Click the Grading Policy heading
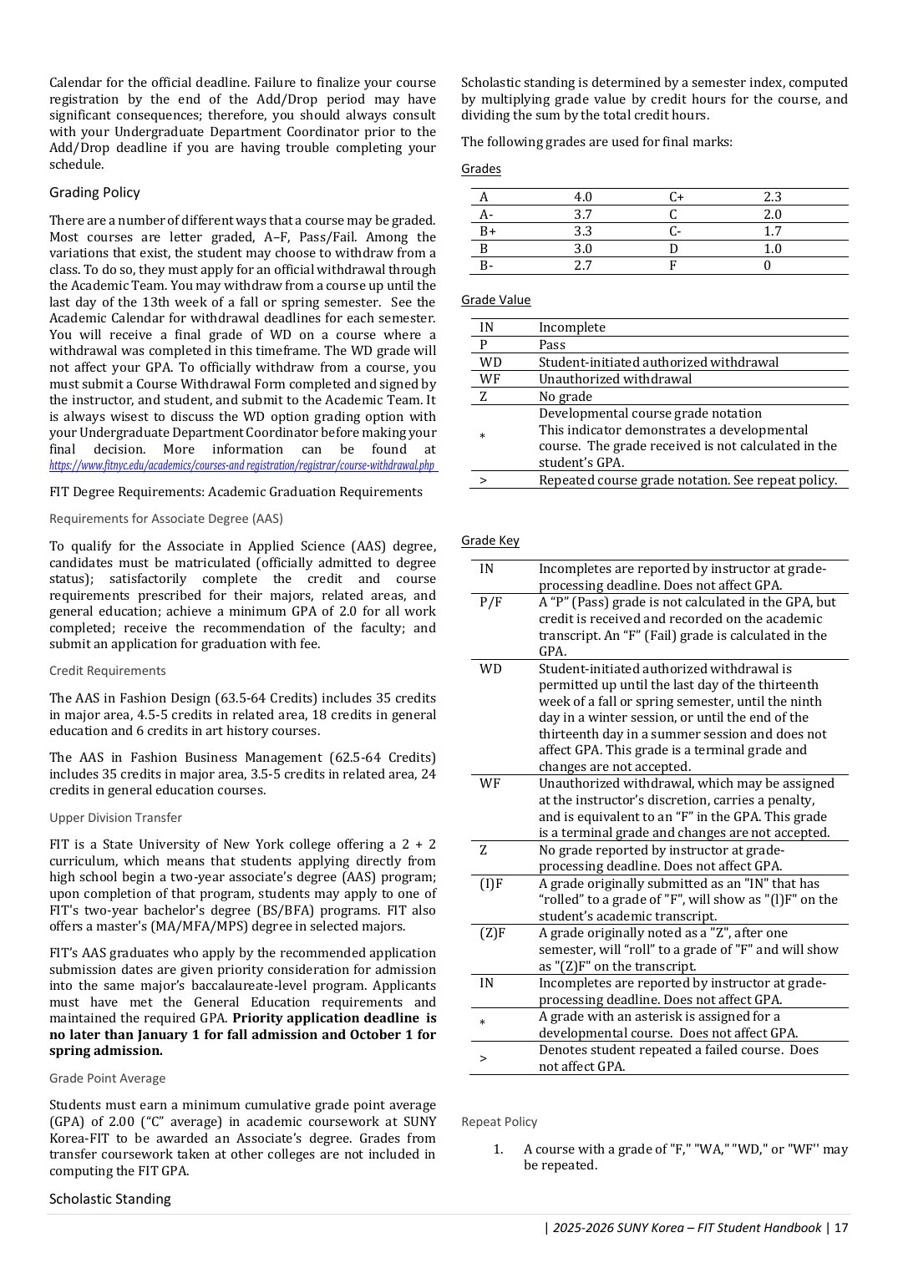pyautogui.click(x=94, y=193)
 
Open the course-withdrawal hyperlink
pyautogui.click(x=242, y=466)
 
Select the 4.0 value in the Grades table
pyautogui.click(x=582, y=197)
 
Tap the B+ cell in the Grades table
pyautogui.click(x=488, y=231)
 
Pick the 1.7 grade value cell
pyautogui.click(x=772, y=231)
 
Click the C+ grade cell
pyautogui.click(x=676, y=197)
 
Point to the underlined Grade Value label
pyautogui.click(x=495, y=300)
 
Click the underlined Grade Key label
pyautogui.click(x=490, y=540)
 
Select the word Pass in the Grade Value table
pyautogui.click(x=551, y=345)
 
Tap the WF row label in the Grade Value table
pyautogui.click(x=490, y=379)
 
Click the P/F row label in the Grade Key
pyautogui.click(x=490, y=602)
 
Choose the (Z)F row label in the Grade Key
pyautogui.click(x=492, y=933)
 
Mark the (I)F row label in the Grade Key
pyautogui.click(x=491, y=884)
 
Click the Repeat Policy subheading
pyautogui.click(x=499, y=1122)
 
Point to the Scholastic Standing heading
pyautogui.click(x=109, y=1200)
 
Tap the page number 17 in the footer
pyautogui.click(x=841, y=1228)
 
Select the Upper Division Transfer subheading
pyautogui.click(x=115, y=818)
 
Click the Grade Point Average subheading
pyautogui.click(x=107, y=1078)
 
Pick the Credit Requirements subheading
pyautogui.click(x=107, y=671)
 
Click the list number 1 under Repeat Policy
pyautogui.click(x=498, y=1149)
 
